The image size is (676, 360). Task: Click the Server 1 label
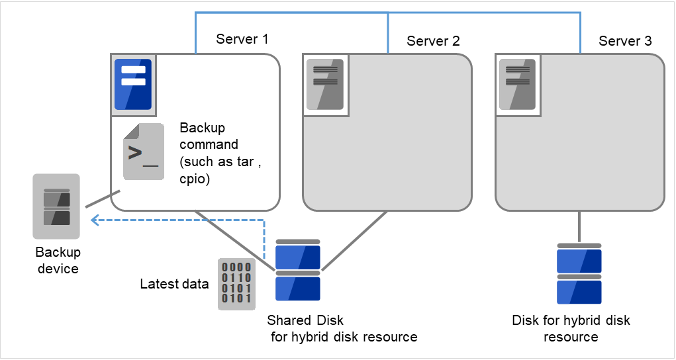coord(242,39)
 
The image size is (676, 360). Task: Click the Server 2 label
coord(433,41)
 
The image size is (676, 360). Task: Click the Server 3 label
coord(625,41)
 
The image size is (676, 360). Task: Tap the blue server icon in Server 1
coord(133,84)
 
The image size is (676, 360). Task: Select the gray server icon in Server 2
coord(324,84)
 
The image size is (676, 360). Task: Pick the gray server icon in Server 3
coord(517,84)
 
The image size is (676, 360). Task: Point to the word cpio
coord(193,179)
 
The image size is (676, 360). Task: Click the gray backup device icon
coord(56,206)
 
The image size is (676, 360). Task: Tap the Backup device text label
coord(58,261)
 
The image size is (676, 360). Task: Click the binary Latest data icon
coord(235,284)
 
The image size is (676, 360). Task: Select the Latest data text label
coord(174,285)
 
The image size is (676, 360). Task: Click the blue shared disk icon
coord(298,271)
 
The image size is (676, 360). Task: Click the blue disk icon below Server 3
coord(579,273)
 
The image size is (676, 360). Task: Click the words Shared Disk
coord(305,321)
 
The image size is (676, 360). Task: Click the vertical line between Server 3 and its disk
coord(580,227)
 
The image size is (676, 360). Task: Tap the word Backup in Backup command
coord(202,128)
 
